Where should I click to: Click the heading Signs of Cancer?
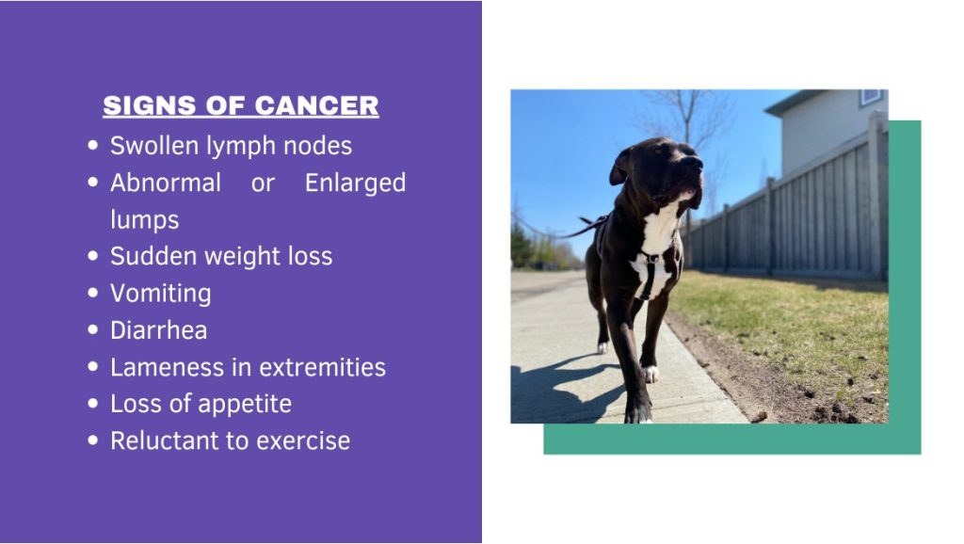pos(240,105)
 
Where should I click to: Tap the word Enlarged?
pos(355,184)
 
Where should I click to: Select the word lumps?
pos(144,219)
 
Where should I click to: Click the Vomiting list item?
pos(160,294)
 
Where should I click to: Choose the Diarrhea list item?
pos(158,330)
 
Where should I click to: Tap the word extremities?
pos(322,367)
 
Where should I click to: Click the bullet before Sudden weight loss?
pos(93,256)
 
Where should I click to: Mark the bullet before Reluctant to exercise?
pos(93,440)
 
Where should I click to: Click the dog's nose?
pos(693,162)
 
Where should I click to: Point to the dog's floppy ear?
pos(619,167)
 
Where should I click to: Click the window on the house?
pos(870,97)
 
